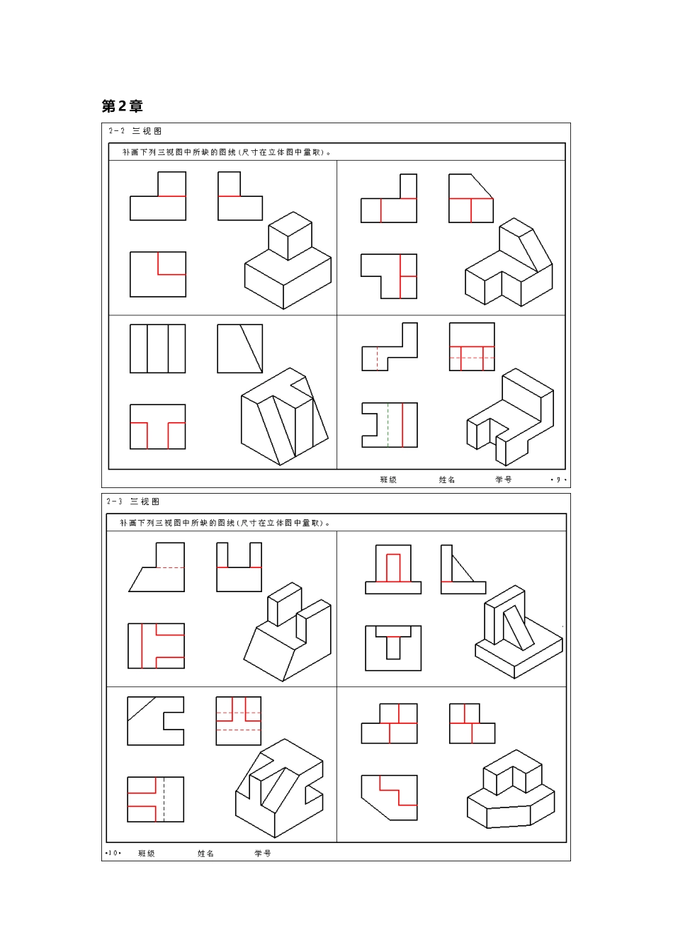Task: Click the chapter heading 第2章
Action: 122,106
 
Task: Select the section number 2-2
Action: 116,131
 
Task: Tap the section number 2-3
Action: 114,501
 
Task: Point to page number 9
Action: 558,480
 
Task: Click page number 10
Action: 113,853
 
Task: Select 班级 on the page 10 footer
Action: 146,854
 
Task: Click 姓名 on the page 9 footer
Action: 447,480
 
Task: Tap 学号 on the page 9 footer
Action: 504,480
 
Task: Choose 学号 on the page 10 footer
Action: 263,854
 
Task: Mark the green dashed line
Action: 388,425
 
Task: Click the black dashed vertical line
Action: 164,800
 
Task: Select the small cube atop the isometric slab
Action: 290,236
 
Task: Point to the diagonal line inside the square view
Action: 251,349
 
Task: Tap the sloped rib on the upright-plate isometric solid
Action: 519,628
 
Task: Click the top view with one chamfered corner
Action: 389,798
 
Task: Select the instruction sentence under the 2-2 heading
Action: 227,152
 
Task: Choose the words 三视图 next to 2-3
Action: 145,501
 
